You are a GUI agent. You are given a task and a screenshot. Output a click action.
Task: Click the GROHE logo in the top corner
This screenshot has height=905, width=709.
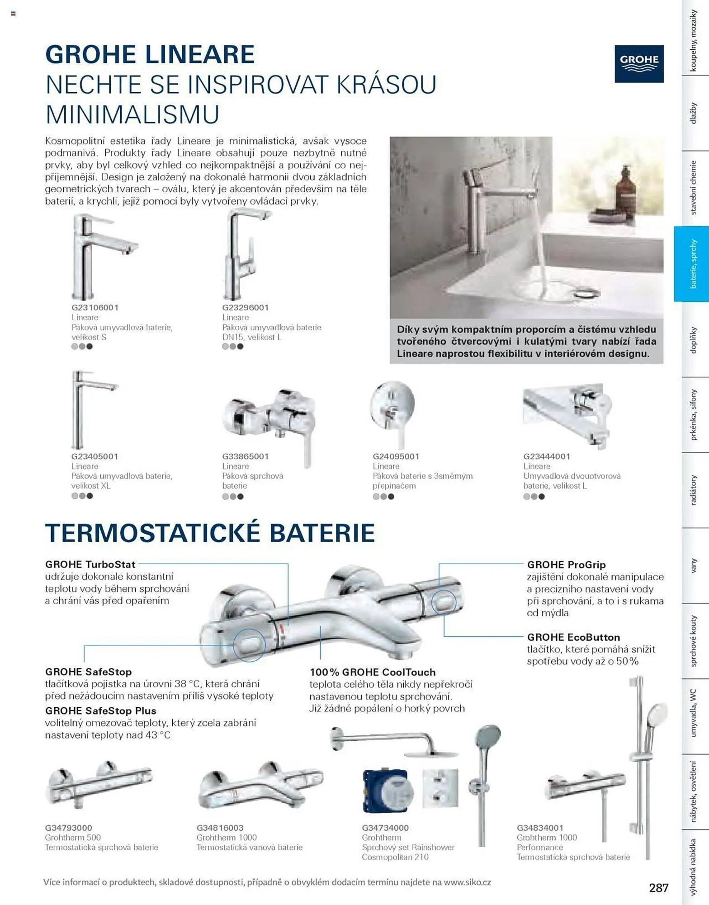pyautogui.click(x=638, y=64)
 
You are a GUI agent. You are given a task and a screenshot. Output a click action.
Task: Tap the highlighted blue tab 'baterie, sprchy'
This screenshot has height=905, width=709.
pyautogui.click(x=692, y=264)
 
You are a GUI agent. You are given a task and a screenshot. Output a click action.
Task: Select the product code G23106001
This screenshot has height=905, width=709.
pyautogui.click(x=95, y=308)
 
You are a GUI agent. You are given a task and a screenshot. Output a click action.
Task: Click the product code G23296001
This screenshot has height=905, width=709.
pyautogui.click(x=246, y=308)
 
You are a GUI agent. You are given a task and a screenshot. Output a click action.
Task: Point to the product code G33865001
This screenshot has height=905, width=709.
pyautogui.click(x=246, y=457)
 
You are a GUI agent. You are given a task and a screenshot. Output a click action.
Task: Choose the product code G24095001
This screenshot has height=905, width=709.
pyautogui.click(x=396, y=457)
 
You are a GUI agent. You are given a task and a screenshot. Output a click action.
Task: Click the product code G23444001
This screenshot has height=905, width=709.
pyautogui.click(x=547, y=457)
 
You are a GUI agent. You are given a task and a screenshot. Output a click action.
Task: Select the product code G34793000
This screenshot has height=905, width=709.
pyautogui.click(x=68, y=828)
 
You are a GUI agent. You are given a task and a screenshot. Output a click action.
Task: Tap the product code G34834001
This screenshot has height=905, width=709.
pyautogui.click(x=540, y=828)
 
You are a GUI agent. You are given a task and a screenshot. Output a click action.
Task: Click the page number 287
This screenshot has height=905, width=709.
pyautogui.click(x=658, y=888)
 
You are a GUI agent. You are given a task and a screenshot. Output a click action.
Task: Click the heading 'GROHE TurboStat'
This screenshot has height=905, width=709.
pyautogui.click(x=90, y=564)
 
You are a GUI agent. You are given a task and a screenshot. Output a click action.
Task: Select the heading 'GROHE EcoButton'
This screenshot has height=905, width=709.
pyautogui.click(x=573, y=637)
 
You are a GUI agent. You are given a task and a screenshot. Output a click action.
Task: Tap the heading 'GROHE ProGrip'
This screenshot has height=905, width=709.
pyautogui.click(x=566, y=565)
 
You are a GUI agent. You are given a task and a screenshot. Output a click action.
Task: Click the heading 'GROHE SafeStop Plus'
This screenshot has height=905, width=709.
pyautogui.click(x=100, y=710)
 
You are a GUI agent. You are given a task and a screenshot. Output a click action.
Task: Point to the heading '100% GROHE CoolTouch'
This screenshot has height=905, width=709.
pyautogui.click(x=373, y=672)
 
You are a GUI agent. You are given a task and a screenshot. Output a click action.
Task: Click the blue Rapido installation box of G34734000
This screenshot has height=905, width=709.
pyautogui.click(x=388, y=791)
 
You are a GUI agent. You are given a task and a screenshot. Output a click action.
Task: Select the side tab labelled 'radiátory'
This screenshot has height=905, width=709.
pyautogui.click(x=693, y=490)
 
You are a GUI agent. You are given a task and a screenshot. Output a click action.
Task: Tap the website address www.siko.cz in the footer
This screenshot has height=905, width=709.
pyautogui.click(x=467, y=882)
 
